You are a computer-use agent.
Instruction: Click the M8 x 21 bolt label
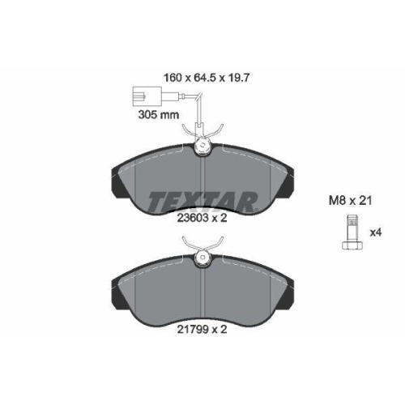(349, 200)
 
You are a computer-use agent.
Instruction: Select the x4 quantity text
(374, 233)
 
